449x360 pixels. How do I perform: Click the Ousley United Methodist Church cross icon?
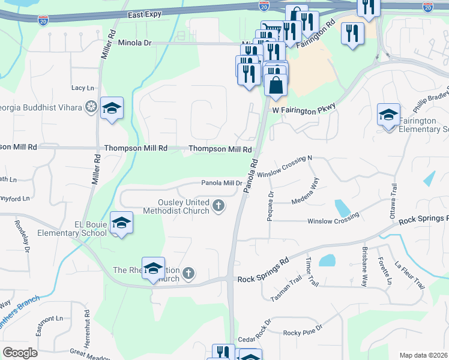(219, 207)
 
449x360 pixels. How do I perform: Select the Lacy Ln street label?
(83, 88)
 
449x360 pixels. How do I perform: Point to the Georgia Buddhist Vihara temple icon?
(91, 107)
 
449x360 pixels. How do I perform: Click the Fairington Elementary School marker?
(388, 115)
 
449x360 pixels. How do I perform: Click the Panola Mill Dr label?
(221, 183)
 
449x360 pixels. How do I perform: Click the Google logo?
(20, 353)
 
